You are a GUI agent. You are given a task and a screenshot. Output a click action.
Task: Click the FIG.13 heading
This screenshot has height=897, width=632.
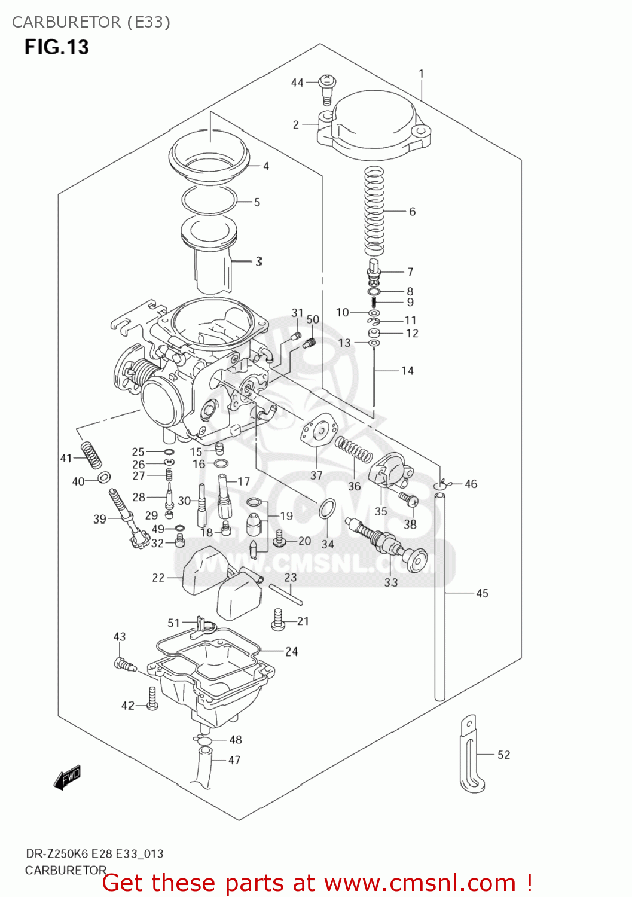tap(56, 47)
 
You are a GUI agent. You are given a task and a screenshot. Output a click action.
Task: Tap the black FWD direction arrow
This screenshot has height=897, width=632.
tap(67, 777)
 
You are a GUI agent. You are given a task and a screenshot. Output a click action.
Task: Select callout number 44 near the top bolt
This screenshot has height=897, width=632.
tap(297, 83)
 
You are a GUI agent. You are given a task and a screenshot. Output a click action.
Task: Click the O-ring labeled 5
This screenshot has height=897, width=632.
tap(209, 200)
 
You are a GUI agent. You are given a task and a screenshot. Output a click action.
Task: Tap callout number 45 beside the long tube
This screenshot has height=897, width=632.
tap(482, 593)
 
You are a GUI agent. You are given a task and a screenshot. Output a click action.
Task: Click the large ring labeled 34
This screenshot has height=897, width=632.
tap(327, 509)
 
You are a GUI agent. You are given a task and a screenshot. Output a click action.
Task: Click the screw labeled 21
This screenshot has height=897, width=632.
tap(278, 620)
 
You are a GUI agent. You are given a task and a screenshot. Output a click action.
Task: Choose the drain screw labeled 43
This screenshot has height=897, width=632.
tap(123, 663)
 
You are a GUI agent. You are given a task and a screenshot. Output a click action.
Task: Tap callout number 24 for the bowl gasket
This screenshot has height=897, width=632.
tap(291, 651)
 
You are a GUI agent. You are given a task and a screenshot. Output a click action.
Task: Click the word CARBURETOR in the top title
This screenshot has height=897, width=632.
tap(66, 22)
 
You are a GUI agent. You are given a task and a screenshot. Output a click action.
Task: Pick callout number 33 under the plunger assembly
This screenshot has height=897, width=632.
tap(390, 582)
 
